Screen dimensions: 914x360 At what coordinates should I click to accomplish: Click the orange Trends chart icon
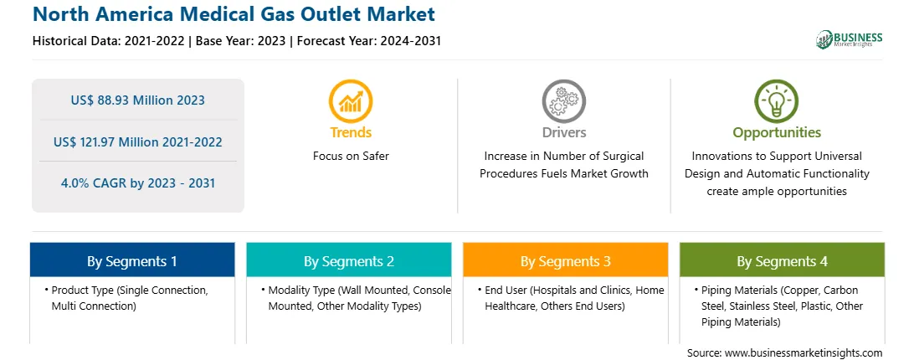point(351,101)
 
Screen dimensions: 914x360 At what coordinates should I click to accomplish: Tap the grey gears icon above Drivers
point(563,101)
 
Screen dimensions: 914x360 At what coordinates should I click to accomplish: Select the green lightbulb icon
point(777,101)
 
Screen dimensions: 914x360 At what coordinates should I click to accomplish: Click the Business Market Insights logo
point(850,39)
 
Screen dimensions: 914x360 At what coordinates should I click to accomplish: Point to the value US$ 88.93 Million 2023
point(137,100)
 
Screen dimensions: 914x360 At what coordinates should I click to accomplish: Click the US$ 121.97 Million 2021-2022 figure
point(137,141)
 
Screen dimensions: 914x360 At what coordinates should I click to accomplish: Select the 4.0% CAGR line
point(137,183)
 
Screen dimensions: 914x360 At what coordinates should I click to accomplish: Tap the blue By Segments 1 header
point(132,260)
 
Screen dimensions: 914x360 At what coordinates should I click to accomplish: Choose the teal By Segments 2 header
point(348,260)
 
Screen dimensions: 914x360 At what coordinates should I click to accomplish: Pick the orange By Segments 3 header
point(566,260)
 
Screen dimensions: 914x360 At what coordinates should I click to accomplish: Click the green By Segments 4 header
point(783,260)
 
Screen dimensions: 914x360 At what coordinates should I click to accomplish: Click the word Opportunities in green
point(777,133)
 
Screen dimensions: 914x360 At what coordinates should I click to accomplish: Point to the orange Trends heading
point(351,132)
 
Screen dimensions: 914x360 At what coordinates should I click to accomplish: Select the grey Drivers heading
point(563,132)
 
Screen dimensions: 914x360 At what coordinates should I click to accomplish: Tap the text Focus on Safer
point(351,156)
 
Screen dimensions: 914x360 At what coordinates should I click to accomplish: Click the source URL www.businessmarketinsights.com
point(804,352)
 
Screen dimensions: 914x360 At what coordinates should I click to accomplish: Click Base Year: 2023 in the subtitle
point(241,41)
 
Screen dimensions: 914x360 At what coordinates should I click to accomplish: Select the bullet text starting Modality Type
point(357,297)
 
